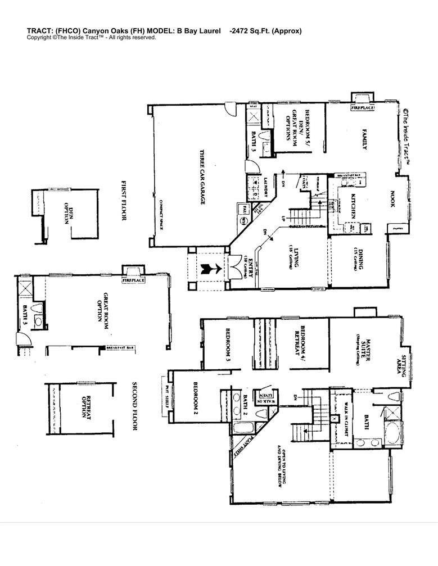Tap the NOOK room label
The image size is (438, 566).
pyautogui.click(x=392, y=198)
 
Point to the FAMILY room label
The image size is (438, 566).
pyautogui.click(x=364, y=139)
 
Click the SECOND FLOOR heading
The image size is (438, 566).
pyautogui.click(x=135, y=406)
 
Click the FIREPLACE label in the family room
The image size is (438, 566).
pyautogui.click(x=363, y=107)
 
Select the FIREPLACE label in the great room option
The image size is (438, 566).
pyautogui.click(x=133, y=279)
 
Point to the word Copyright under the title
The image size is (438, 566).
pyautogui.click(x=40, y=38)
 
